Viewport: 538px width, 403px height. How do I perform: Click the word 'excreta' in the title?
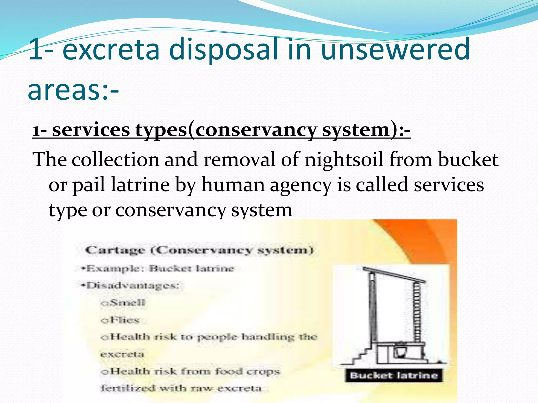click(111, 49)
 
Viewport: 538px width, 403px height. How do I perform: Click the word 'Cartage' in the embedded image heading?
click(115, 250)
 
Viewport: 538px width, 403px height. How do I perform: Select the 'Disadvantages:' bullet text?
click(133, 285)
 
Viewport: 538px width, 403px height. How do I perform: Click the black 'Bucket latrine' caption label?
click(394, 375)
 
